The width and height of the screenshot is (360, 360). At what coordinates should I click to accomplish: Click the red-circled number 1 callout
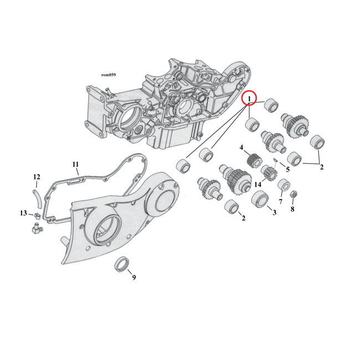click(x=250, y=99)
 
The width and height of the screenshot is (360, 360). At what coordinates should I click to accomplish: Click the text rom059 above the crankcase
click(x=109, y=74)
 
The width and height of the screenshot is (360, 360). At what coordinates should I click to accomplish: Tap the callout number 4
click(x=241, y=147)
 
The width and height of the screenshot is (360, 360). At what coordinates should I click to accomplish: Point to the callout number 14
click(x=258, y=184)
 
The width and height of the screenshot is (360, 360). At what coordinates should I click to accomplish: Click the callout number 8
click(x=292, y=209)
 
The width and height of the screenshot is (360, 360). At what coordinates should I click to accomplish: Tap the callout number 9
click(x=133, y=277)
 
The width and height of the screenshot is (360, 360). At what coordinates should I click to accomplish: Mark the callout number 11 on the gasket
click(x=76, y=164)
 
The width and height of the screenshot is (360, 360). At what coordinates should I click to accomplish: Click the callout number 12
click(x=37, y=177)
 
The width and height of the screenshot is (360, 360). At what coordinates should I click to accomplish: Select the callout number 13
click(x=23, y=213)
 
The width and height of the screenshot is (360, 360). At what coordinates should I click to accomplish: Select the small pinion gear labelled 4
click(x=254, y=160)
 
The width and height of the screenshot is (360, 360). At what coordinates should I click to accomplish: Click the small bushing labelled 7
click(x=283, y=184)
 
